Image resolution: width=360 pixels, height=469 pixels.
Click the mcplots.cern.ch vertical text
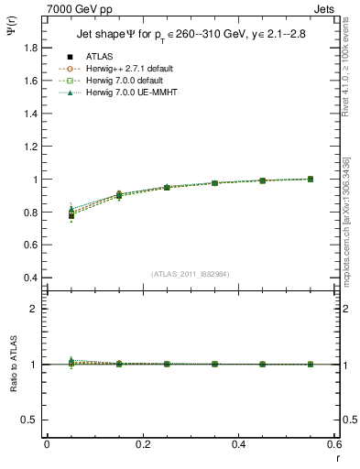pos(349,217)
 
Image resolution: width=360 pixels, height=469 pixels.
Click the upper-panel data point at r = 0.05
pos(71,215)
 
